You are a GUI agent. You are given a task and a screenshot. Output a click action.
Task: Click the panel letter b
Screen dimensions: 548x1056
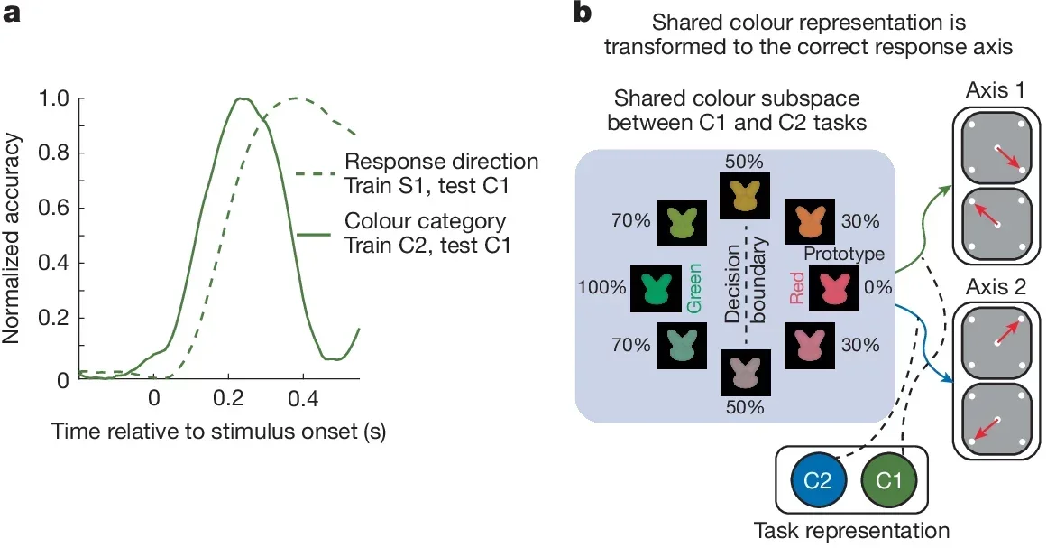[583, 14]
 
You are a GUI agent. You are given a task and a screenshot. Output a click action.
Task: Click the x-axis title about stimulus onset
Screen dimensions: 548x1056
[219, 432]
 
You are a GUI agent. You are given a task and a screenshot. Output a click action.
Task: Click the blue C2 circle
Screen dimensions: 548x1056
[817, 481]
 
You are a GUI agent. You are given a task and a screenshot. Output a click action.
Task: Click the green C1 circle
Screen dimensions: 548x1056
[888, 481]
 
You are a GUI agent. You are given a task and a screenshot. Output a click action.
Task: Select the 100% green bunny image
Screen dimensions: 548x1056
[654, 288]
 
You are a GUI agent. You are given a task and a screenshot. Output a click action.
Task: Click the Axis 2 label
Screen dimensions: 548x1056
[996, 290]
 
